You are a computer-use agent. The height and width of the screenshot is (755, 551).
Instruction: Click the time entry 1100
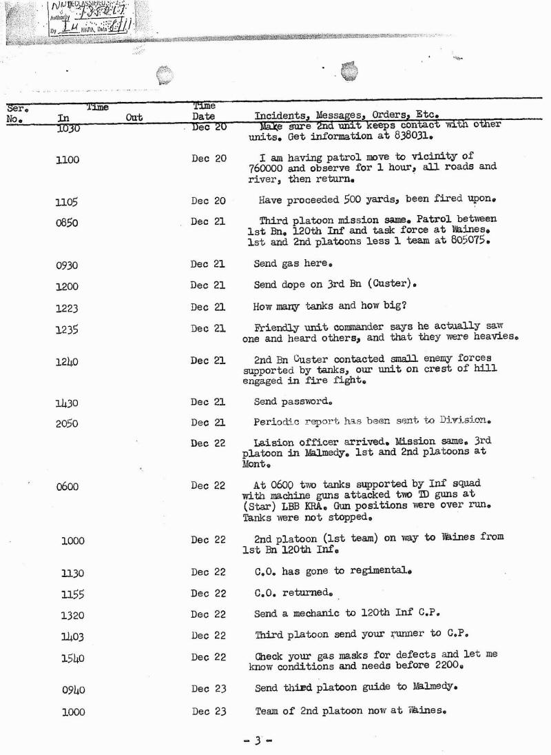(67, 160)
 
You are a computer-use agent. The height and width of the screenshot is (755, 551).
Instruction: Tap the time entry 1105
(67, 202)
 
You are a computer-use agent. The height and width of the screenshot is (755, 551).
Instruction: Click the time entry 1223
(67, 308)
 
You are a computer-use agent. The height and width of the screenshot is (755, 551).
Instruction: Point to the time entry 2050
(67, 424)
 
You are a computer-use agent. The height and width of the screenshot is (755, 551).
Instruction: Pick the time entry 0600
(67, 487)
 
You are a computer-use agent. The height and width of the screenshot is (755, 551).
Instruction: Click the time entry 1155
(72, 594)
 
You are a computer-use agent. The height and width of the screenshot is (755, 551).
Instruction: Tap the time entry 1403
(72, 636)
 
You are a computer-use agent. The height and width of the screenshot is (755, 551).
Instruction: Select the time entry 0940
(72, 689)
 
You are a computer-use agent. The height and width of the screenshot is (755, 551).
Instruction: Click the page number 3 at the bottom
(258, 741)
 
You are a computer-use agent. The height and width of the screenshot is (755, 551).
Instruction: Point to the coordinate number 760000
(268, 168)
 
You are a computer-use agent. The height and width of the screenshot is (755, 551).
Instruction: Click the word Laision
(275, 442)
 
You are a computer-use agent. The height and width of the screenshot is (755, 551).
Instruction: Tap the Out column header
(134, 118)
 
